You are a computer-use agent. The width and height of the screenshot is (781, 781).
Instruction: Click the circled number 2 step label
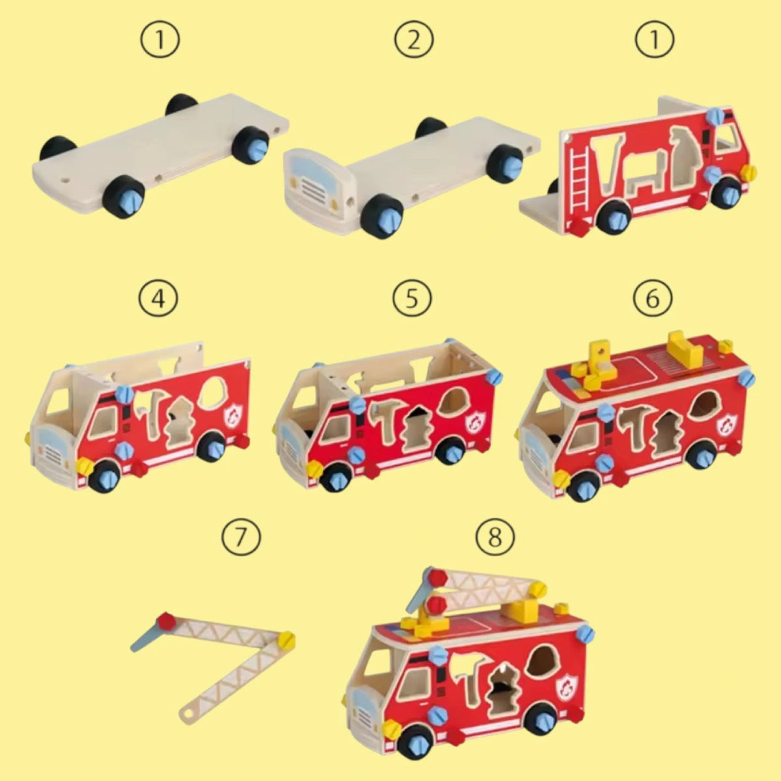click(413, 40)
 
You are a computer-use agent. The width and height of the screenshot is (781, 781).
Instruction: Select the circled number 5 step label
click(412, 299)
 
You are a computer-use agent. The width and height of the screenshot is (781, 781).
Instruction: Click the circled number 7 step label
click(241, 537)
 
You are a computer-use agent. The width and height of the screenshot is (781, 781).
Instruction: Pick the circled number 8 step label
click(495, 537)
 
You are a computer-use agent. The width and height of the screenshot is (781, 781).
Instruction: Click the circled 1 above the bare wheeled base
click(160, 40)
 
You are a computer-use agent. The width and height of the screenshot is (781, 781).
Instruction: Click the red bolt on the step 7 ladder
click(166, 623)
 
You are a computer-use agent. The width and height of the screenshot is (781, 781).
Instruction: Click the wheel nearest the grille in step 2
click(382, 215)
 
